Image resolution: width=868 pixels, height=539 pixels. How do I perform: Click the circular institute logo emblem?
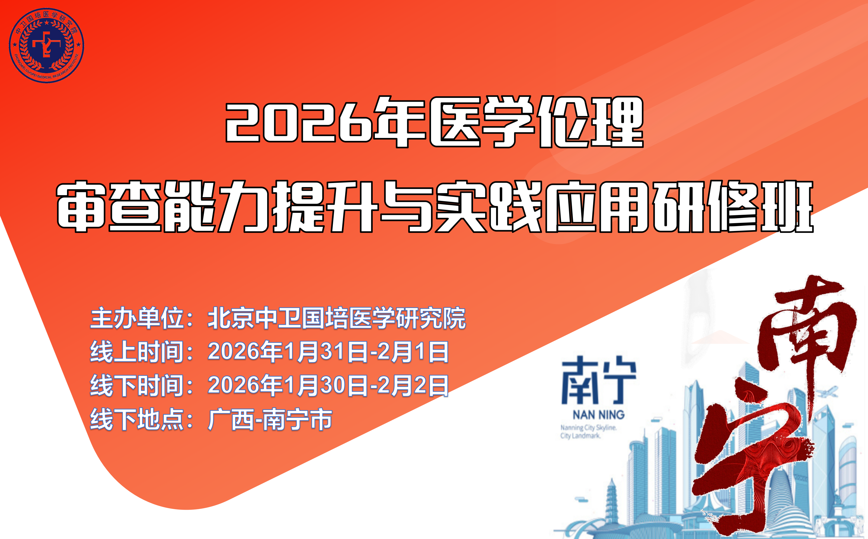coord(46,45)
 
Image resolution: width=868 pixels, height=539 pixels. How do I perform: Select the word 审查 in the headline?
coord(108,207)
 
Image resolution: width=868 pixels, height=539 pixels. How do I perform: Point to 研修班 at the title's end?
coord(733,207)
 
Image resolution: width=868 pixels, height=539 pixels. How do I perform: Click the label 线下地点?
coord(137,419)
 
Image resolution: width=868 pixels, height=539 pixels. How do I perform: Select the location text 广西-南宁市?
coord(270,419)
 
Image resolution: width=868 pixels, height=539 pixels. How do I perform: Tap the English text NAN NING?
coord(598,415)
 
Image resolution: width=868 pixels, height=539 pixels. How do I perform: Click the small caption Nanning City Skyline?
coord(588,427)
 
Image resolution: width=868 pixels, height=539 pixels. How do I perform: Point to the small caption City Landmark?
coord(580,436)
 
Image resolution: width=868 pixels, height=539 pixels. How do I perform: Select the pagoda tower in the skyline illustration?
coord(612,499)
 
